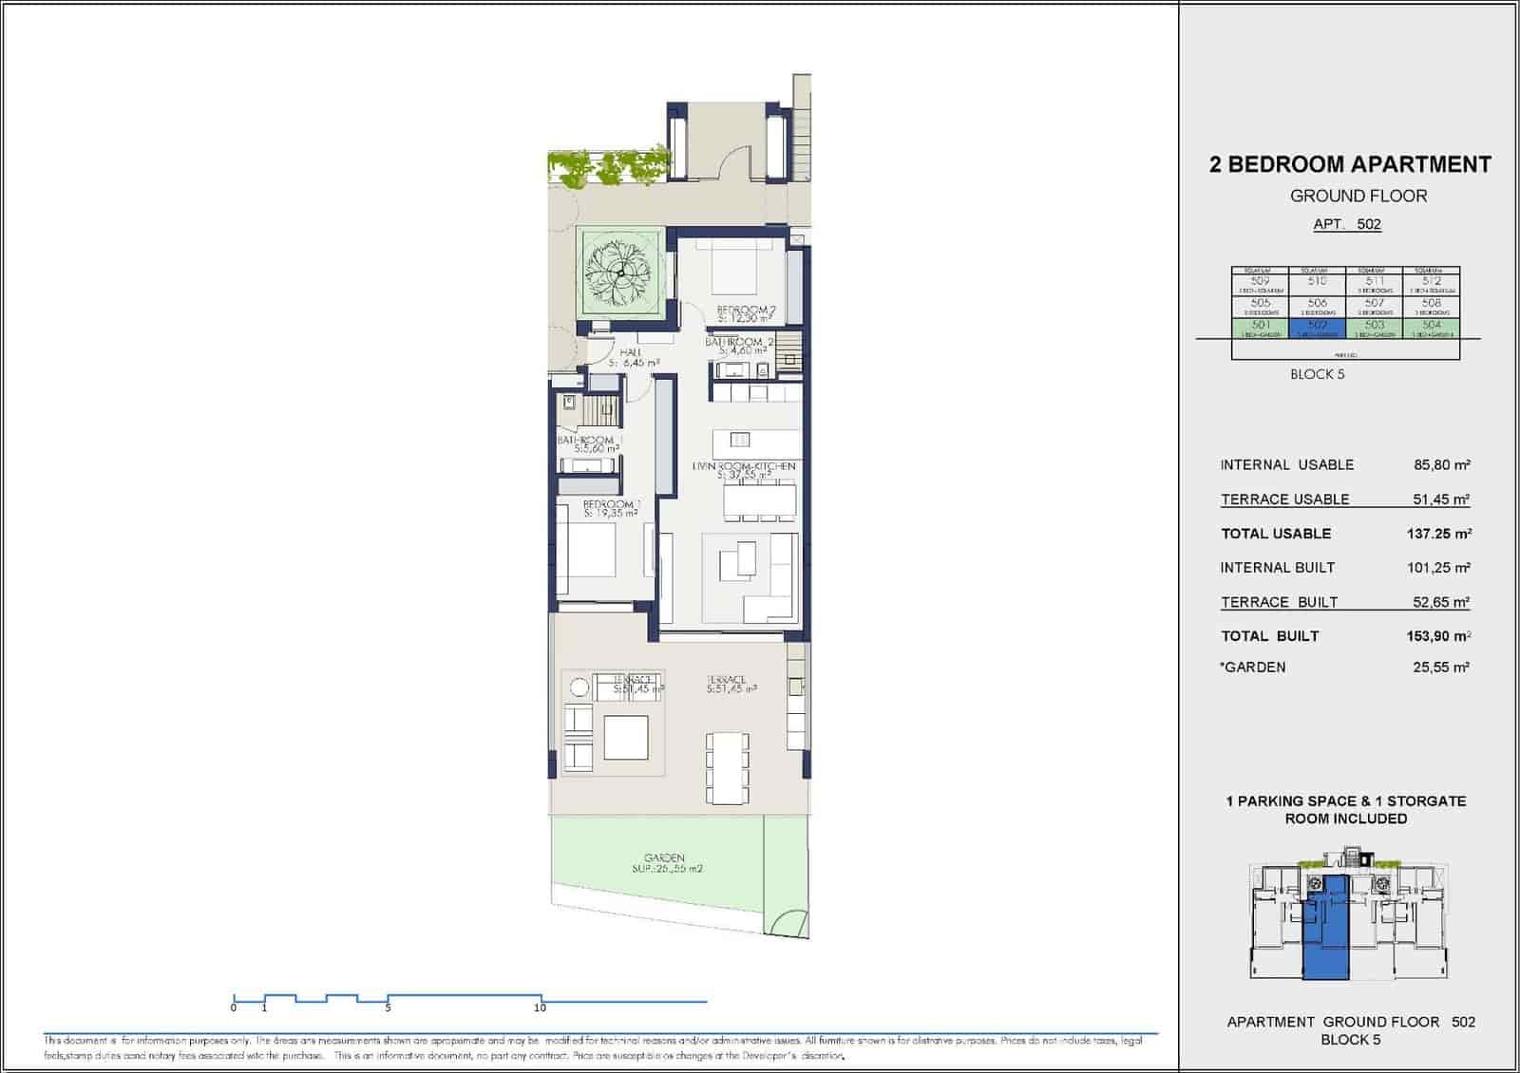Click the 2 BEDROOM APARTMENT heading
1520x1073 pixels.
pos(1349,164)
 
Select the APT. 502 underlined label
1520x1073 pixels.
pos(1346,225)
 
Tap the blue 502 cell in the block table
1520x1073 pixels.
pos(1317,329)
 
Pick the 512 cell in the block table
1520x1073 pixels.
pos(1431,283)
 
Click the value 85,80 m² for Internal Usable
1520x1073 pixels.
pos(1441,465)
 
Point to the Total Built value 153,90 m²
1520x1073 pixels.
pos(1438,636)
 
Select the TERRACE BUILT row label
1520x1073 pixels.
pos(1279,602)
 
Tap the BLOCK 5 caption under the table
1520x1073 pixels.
pos(1317,374)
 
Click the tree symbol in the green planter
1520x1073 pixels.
pos(619,273)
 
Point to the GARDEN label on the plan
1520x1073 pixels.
pos(663,857)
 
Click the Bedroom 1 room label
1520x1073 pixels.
pos(611,504)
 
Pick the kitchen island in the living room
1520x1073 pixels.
pos(755,440)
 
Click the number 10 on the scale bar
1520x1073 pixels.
pos(540,1007)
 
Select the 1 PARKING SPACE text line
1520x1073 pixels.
pos(1345,801)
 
